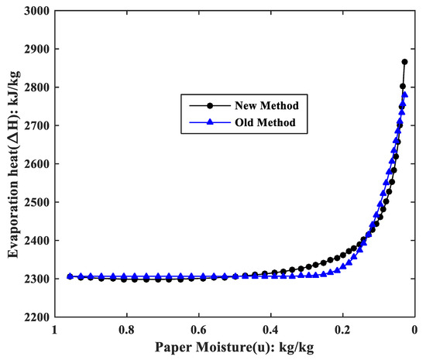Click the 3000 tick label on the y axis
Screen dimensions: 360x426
pos(36,11)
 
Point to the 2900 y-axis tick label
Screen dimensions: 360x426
pos(36,49)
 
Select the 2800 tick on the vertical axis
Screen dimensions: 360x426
pos(36,87)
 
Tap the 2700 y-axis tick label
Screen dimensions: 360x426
pos(36,125)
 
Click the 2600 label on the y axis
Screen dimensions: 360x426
pos(36,164)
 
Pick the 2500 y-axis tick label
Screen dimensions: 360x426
pos(36,202)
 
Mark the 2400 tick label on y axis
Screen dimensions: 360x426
pos(36,241)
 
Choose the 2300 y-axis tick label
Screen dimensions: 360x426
pos(36,279)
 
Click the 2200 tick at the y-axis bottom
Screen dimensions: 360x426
pos(36,317)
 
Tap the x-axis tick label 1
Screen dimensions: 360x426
pos(54,329)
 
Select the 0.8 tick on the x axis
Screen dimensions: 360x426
pos(126,329)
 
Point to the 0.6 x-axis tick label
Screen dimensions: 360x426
pos(198,329)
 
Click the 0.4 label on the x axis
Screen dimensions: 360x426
pos(270,329)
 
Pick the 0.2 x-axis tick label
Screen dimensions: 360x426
pos(342,329)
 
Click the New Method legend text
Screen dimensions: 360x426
pos(239,105)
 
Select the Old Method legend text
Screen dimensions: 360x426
pos(237,122)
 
